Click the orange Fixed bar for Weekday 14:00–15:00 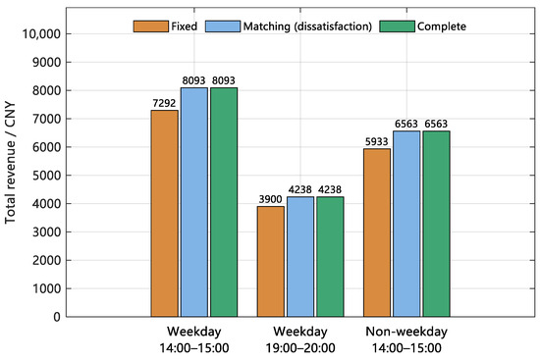165,214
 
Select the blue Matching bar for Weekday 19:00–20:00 300,257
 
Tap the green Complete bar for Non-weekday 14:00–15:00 436,224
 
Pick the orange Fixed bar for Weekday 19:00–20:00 271,262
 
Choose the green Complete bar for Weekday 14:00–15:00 224,202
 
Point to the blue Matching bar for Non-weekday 406,224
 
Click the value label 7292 164,103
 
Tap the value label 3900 271,199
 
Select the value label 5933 377,141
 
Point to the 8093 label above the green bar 224,80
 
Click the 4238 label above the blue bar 300,189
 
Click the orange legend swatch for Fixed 151,26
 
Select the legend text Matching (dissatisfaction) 307,26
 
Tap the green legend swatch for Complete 397,26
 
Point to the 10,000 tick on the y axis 41,34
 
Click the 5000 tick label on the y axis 46,176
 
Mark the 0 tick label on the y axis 57,317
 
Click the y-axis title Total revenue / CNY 11,163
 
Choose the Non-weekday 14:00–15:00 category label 406,339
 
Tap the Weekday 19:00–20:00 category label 300,339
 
